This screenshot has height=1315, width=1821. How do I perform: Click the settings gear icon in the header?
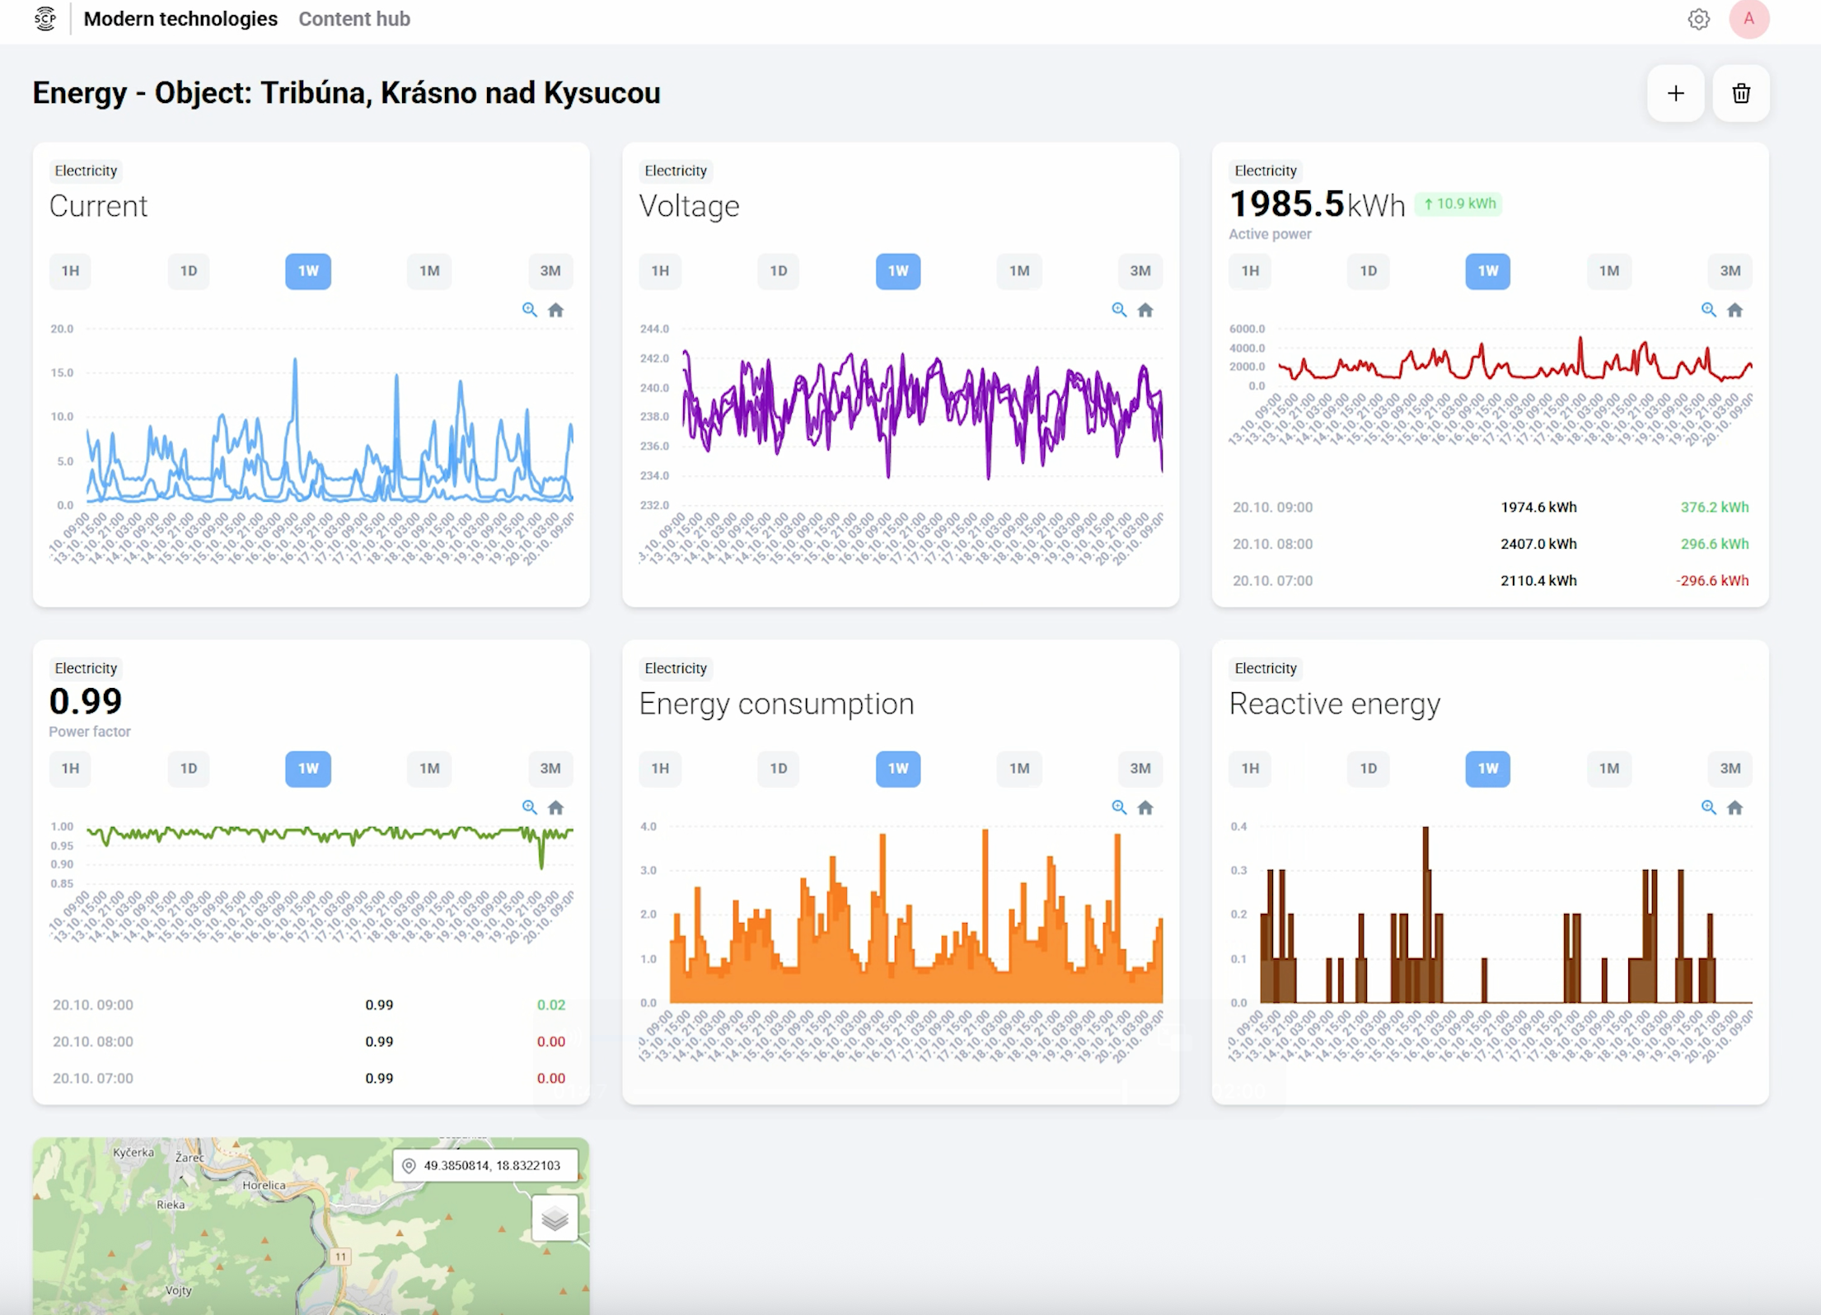(1698, 19)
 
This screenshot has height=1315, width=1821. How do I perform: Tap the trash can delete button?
(1740, 93)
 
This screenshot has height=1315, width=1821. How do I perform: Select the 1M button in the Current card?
(429, 271)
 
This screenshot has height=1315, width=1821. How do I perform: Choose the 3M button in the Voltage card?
(1140, 271)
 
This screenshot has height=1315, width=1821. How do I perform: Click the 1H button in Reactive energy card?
(1250, 769)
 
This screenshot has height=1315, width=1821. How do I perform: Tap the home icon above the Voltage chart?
(1145, 311)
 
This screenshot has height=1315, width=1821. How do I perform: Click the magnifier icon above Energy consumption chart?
(1119, 807)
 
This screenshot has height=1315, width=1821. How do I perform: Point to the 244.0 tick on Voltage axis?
(654, 329)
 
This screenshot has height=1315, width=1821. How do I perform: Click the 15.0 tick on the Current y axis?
(62, 372)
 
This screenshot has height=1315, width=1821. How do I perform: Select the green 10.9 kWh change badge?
(1458, 204)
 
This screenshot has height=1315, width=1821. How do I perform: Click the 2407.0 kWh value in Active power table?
(1538, 544)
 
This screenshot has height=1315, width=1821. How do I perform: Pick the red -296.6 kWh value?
(1711, 581)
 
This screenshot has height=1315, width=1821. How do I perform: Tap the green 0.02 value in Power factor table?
(550, 1005)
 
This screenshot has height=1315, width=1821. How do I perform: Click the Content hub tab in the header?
(354, 19)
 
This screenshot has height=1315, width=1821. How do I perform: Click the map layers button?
(555, 1218)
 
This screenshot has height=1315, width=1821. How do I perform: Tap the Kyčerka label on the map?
(133, 1152)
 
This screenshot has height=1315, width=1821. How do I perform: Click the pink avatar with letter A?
(1748, 19)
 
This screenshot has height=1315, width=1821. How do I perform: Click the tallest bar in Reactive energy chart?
(1425, 915)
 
